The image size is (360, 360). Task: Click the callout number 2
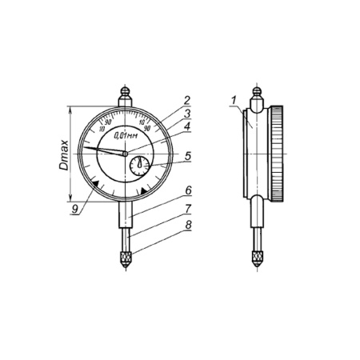(186, 100)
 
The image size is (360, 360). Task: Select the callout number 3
(186, 114)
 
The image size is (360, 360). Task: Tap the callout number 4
(186, 126)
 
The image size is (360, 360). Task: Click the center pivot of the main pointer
(125, 153)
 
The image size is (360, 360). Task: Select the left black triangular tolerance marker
(96, 184)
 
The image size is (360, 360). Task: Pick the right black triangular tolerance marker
(143, 191)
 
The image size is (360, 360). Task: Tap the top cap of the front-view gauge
(125, 94)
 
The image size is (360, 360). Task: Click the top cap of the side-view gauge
(257, 94)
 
